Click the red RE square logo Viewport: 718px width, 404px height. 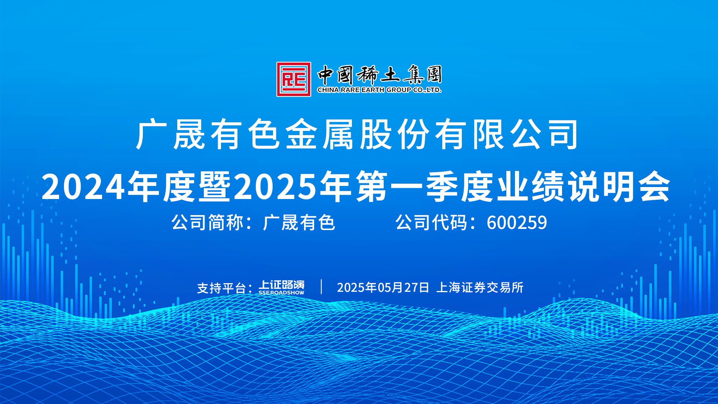(294, 79)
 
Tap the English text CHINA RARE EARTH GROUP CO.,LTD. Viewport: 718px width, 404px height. (379, 90)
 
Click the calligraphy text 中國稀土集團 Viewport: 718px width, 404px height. (380, 75)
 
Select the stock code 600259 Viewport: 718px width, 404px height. (517, 223)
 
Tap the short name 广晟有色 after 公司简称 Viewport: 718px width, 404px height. (299, 223)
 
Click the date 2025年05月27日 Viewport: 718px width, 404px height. (383, 287)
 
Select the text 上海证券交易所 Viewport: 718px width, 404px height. (480, 287)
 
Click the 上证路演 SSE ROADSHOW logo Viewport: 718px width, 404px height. (282, 287)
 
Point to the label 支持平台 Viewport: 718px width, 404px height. (221, 288)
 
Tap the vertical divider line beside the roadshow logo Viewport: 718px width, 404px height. (322, 287)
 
